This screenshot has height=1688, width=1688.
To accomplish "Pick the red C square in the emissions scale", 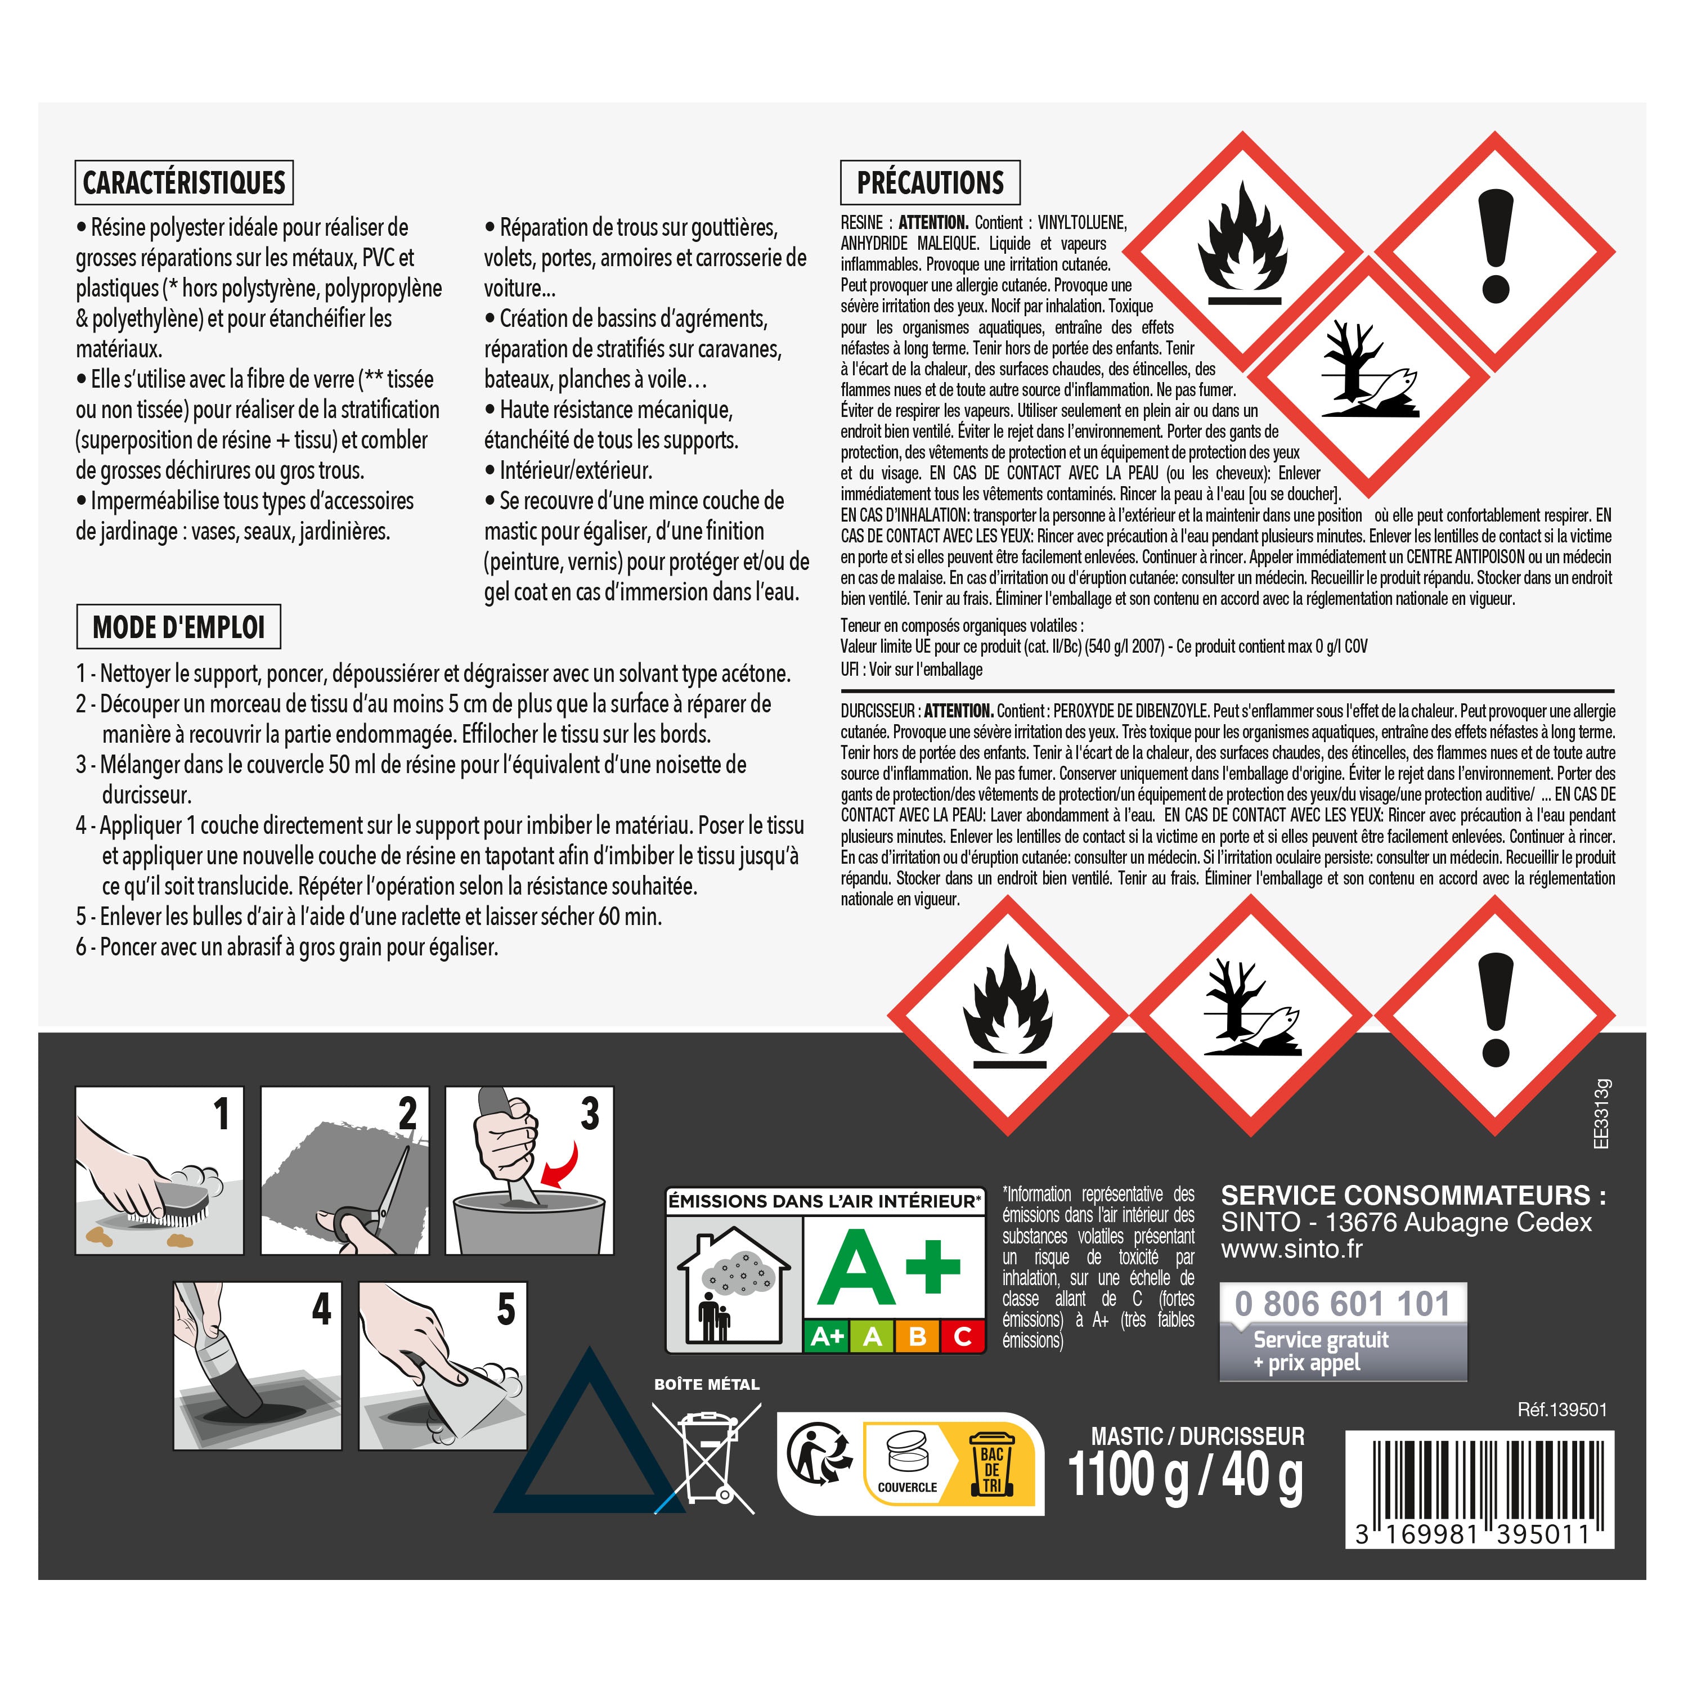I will click(963, 1337).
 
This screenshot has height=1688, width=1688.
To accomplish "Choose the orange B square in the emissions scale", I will click(917, 1337).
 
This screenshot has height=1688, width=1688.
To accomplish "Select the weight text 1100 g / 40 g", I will click(1185, 1476).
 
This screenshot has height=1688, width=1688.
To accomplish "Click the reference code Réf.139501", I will click(1562, 1409).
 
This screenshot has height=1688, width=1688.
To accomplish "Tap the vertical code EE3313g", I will click(1601, 1114).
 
